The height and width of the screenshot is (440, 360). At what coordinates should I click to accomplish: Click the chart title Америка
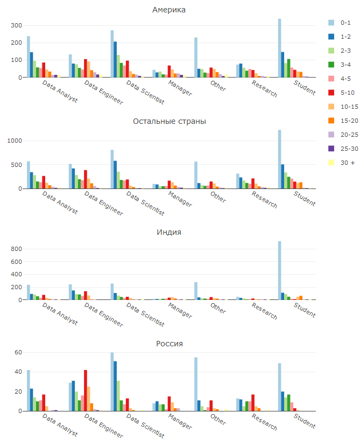170,10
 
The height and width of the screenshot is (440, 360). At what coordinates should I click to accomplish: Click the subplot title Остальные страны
170,121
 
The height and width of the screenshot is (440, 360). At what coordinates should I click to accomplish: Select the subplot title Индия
169,232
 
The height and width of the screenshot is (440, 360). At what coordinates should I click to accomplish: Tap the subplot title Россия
170,344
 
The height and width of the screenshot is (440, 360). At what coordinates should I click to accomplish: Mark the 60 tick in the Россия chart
17,352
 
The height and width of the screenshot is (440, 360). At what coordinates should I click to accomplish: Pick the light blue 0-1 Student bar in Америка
280,48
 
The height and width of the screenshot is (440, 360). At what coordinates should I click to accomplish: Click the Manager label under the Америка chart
179,88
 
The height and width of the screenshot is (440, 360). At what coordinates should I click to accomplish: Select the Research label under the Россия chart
264,422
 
